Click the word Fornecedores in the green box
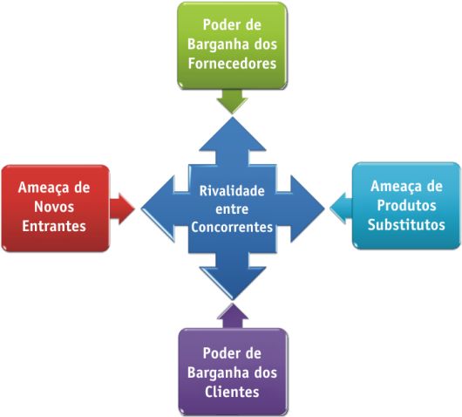click(x=232, y=64)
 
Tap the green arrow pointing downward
click(x=232, y=101)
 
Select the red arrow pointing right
click(x=122, y=208)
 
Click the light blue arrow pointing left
click(x=341, y=208)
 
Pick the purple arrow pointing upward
click(x=233, y=316)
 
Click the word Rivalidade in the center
click(x=232, y=191)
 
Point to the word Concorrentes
click(x=232, y=227)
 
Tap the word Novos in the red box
click(x=54, y=207)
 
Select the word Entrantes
click(x=54, y=226)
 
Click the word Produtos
click(x=406, y=205)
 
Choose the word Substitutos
click(x=406, y=225)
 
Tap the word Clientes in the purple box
click(x=232, y=392)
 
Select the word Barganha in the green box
click(x=217, y=44)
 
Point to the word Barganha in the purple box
click(x=217, y=373)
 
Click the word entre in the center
click(x=232, y=209)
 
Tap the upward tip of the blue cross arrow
click(x=233, y=117)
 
